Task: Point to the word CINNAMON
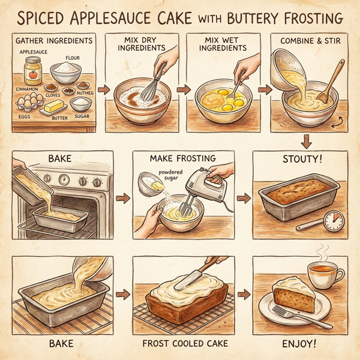pos(28,88)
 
